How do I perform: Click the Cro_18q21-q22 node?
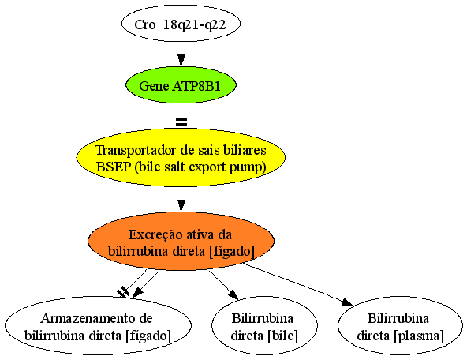pyautogui.click(x=181, y=24)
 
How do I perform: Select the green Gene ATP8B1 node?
pyautogui.click(x=181, y=85)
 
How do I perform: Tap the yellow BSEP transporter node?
pyautogui.click(x=181, y=157)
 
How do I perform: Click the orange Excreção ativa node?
pyautogui.click(x=181, y=242)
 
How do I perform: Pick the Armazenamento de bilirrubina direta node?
pyautogui.click(x=98, y=325)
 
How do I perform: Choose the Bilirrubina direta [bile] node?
pyautogui.click(x=264, y=325)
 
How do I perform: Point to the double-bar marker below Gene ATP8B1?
pyautogui.click(x=181, y=122)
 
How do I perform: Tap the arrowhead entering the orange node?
pyautogui.click(x=181, y=206)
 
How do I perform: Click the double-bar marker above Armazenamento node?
pyautogui.click(x=123, y=292)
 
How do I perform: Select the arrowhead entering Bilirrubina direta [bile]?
pyautogui.click(x=233, y=294)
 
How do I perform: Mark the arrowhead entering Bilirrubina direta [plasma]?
pyautogui.click(x=348, y=302)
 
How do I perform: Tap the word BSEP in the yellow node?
pyautogui.click(x=114, y=167)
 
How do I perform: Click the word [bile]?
pyautogui.click(x=283, y=336)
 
